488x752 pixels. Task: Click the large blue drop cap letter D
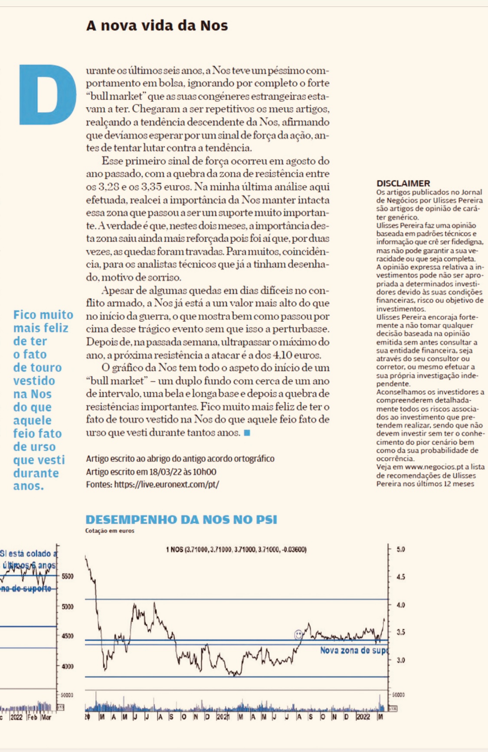47,94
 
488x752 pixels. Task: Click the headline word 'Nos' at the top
214,26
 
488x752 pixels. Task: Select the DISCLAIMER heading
403,183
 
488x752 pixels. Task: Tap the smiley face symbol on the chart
298,635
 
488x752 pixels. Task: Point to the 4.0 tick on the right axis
401,605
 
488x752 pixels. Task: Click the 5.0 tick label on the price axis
401,549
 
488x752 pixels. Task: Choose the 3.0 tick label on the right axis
401,660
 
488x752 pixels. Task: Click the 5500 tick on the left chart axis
67,576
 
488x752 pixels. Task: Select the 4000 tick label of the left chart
67,667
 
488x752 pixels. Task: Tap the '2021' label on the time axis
223,717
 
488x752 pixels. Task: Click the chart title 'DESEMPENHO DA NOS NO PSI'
181,520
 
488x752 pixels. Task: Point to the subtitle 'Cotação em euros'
110,531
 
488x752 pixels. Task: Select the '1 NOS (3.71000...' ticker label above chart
236,550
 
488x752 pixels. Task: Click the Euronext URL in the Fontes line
167,485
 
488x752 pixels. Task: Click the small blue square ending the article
247,433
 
